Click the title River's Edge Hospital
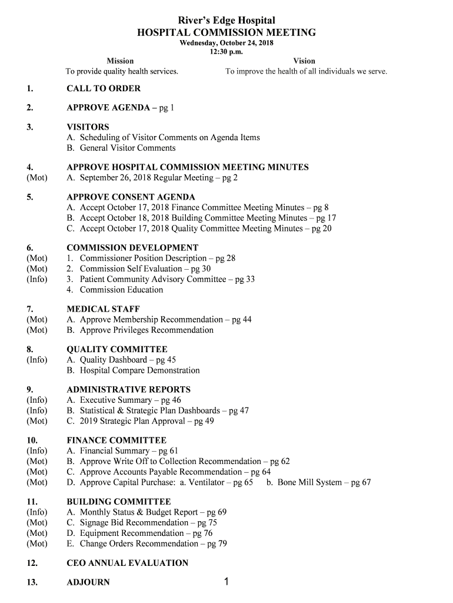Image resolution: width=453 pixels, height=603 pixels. (226, 21)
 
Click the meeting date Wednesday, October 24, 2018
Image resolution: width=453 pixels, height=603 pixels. (226, 43)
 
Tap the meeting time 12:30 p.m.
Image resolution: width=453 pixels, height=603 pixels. (226, 52)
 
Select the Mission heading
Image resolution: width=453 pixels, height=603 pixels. (120, 61)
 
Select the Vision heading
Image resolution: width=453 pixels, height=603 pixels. (304, 61)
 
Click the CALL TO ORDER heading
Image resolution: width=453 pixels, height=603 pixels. (104, 89)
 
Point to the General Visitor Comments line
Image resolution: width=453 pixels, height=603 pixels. (127, 148)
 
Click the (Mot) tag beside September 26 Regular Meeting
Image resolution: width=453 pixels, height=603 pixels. (37, 178)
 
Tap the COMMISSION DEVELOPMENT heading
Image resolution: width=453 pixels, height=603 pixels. (132, 248)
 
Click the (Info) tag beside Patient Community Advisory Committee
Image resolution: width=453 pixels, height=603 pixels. (37, 279)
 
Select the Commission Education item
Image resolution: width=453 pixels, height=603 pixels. (121, 290)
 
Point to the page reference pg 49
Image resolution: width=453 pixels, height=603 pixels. (204, 422)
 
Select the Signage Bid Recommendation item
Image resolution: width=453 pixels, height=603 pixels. (134, 523)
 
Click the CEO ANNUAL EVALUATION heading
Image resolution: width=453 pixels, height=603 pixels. (128, 564)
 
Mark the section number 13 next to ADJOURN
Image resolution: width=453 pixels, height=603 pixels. (32, 583)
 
